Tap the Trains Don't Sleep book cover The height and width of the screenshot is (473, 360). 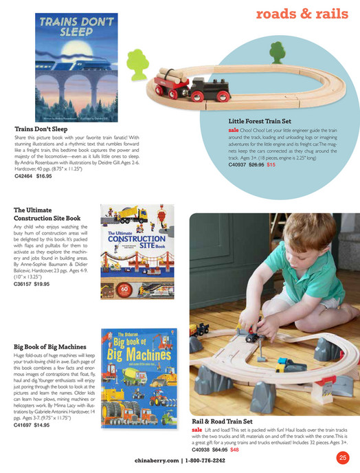pyautogui.click(x=76, y=65)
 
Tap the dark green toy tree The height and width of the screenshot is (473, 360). pyautogui.click(x=276, y=52)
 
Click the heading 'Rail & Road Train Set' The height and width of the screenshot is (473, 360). pyautogui.click(x=223, y=421)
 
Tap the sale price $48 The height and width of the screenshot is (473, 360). pyautogui.click(x=234, y=450)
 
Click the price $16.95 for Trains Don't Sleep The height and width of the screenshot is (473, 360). pyautogui.click(x=44, y=176)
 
